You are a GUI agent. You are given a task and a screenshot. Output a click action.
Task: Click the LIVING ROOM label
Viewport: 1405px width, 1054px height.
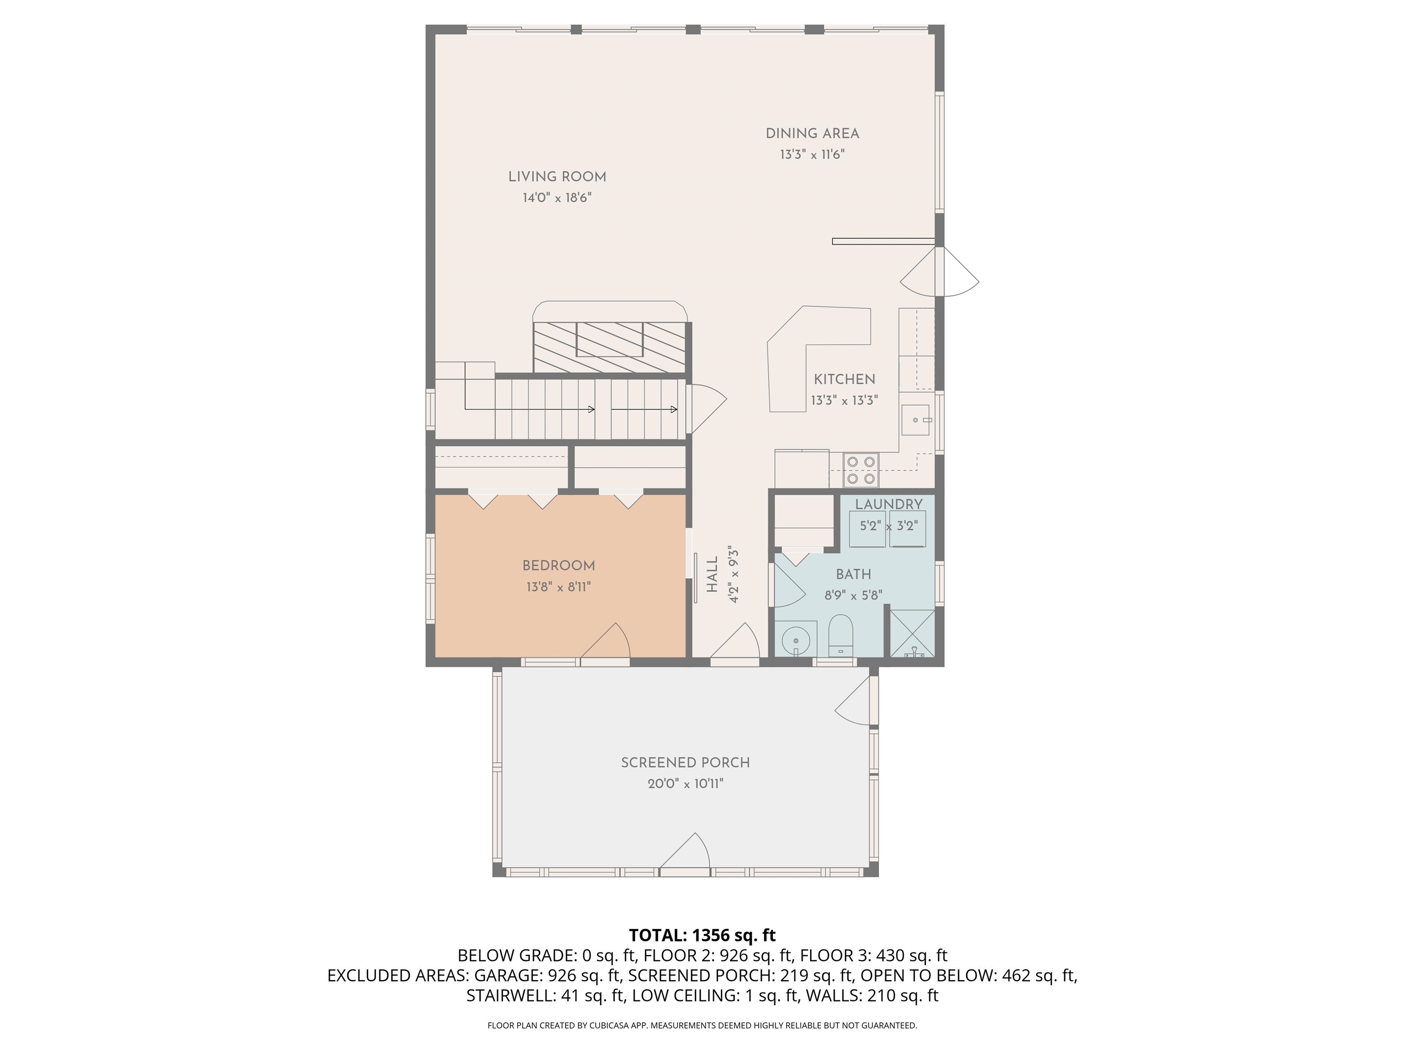[557, 177]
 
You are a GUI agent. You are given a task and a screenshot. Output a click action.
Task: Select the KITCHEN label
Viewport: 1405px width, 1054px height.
[844, 379]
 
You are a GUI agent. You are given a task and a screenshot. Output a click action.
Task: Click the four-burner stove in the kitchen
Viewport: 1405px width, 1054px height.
[861, 470]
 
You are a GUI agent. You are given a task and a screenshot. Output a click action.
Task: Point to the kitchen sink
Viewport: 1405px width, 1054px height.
[915, 420]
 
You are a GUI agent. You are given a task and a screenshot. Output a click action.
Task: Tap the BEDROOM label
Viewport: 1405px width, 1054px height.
[558, 566]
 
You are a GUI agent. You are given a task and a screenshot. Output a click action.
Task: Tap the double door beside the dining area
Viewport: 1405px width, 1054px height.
[940, 272]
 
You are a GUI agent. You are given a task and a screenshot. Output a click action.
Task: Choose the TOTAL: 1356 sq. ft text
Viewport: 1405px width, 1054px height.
[702, 935]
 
